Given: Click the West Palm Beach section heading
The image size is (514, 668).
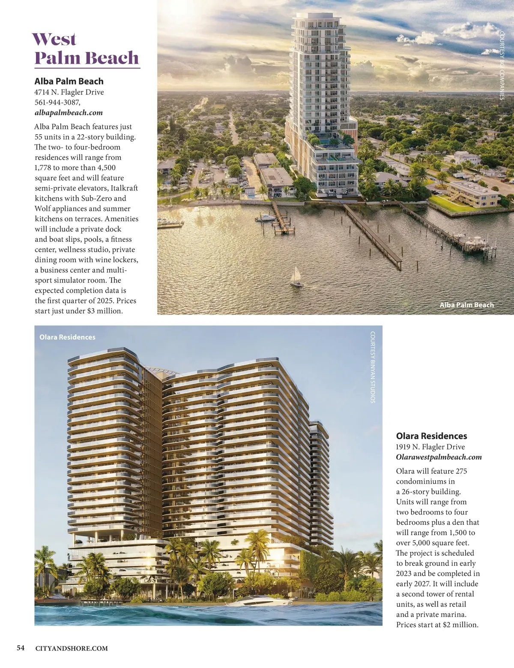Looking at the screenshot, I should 87,49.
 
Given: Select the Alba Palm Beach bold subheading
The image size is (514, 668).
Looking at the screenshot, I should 69,81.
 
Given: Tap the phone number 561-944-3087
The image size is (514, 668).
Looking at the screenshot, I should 57,102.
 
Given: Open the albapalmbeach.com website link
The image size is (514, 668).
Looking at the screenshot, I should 69,113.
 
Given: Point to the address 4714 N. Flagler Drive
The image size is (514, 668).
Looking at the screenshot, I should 69,92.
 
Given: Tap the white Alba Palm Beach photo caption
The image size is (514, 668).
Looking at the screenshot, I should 466,305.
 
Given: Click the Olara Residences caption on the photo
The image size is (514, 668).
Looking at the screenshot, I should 67,337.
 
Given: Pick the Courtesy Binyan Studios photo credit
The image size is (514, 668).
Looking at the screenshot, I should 373,367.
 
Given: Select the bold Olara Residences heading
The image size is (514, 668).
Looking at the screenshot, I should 431,436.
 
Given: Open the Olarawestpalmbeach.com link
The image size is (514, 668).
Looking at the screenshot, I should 439,457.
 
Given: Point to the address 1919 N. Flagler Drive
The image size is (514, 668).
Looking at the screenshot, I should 430,447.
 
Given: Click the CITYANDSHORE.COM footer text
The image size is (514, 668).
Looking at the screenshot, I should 72,648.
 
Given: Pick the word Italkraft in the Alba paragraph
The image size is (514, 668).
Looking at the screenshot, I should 124,188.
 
